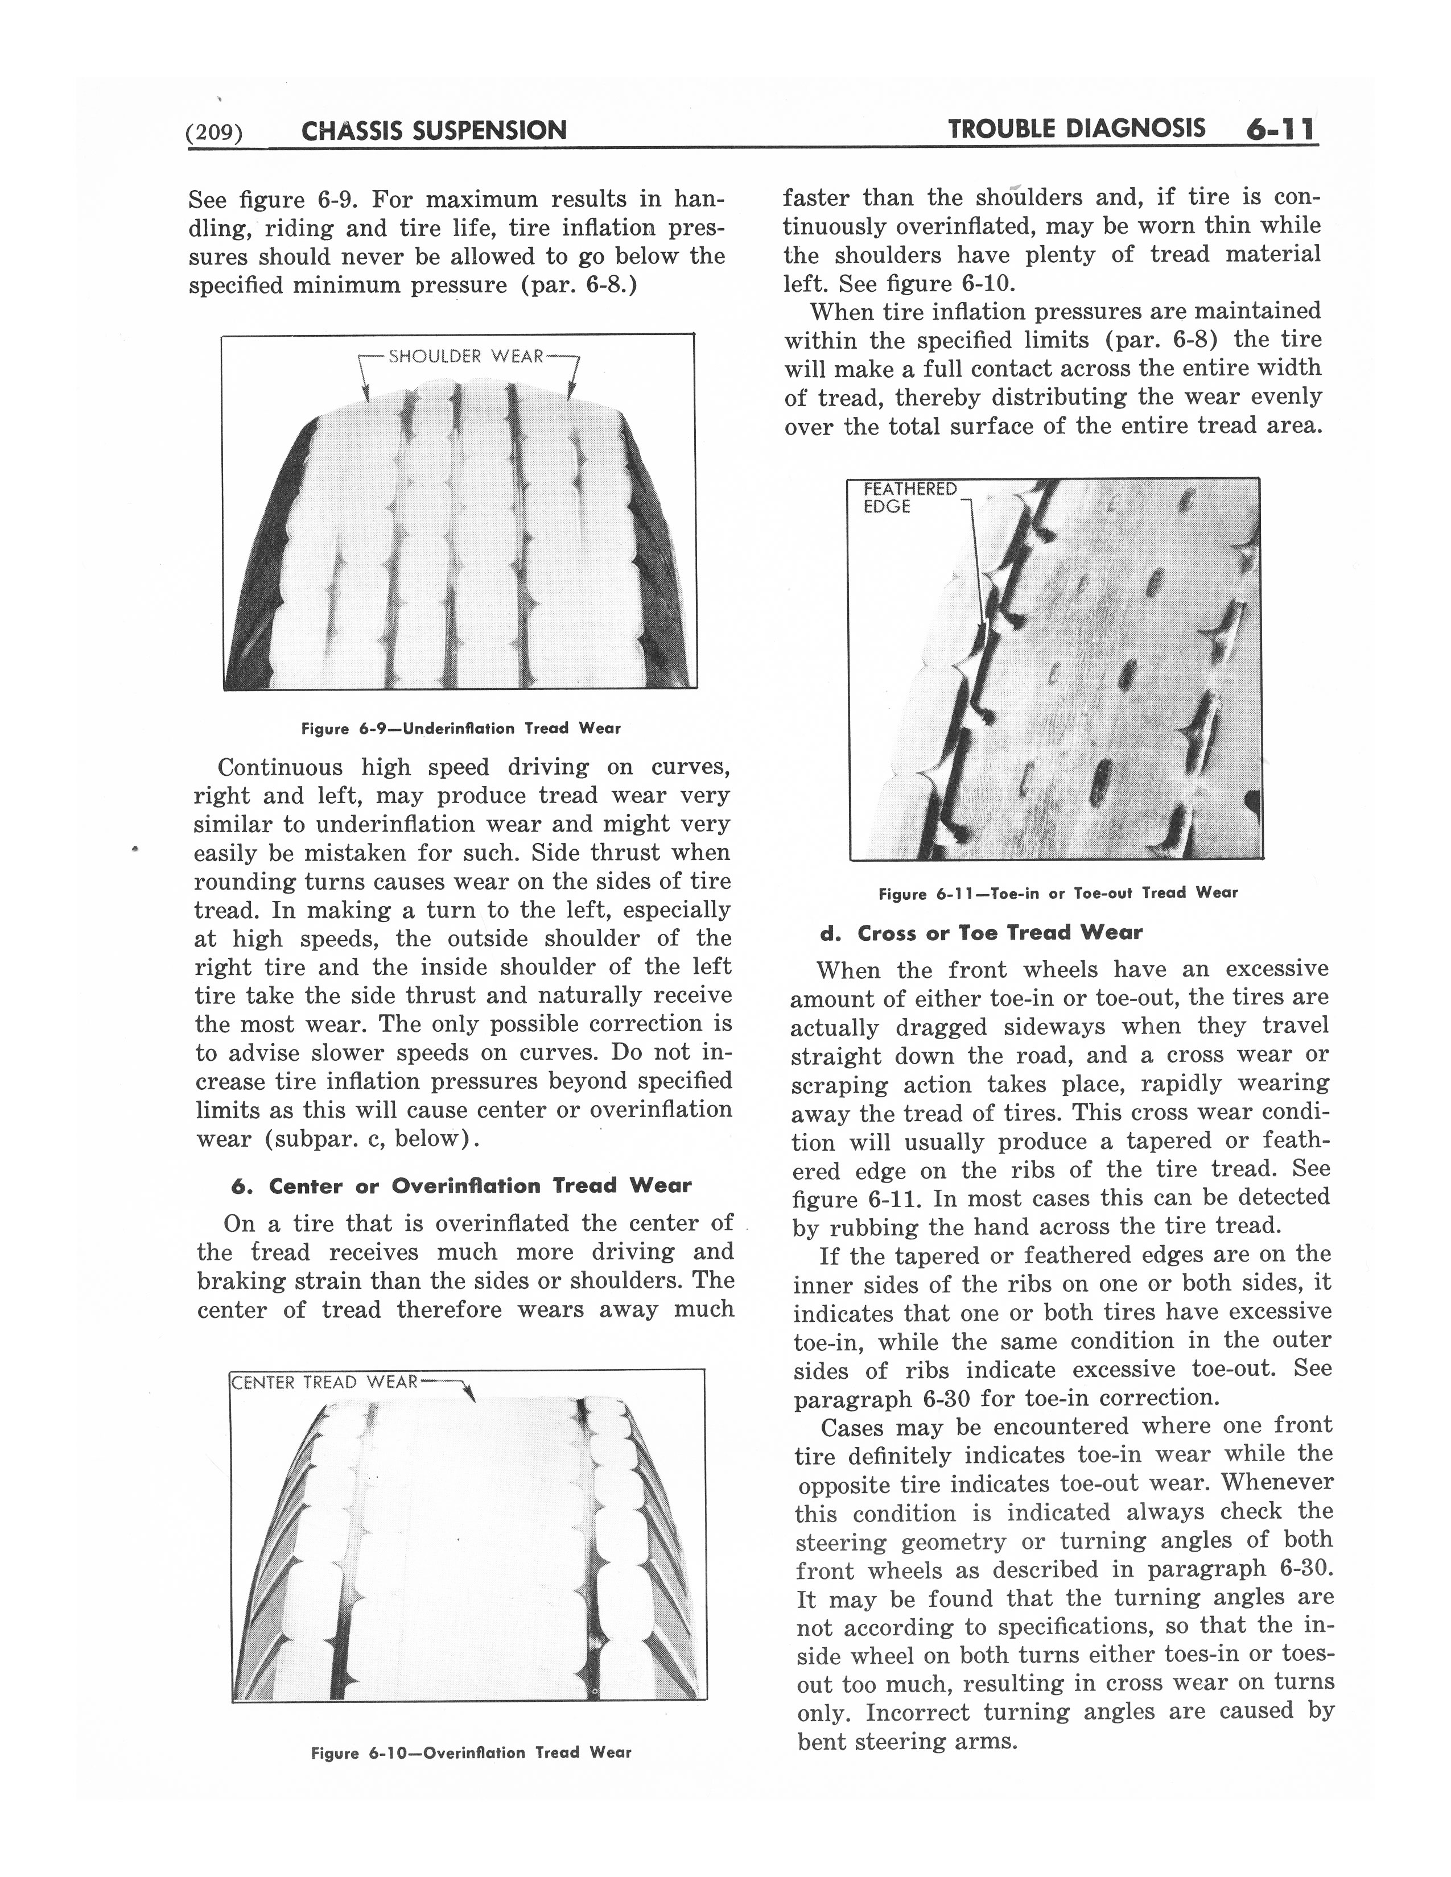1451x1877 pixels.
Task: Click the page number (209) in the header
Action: pos(216,131)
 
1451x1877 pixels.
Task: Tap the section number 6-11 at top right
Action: pos(1279,130)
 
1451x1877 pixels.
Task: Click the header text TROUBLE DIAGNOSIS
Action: pos(1076,129)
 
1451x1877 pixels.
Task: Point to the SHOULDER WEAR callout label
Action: pos(466,356)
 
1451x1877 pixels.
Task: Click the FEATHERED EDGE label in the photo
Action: pos(909,498)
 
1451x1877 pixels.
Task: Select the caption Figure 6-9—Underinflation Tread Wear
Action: pos(461,729)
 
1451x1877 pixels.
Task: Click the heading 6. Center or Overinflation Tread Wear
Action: pos(461,1186)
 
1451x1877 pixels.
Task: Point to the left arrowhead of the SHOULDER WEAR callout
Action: pos(366,396)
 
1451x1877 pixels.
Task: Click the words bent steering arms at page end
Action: pos(908,1742)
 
